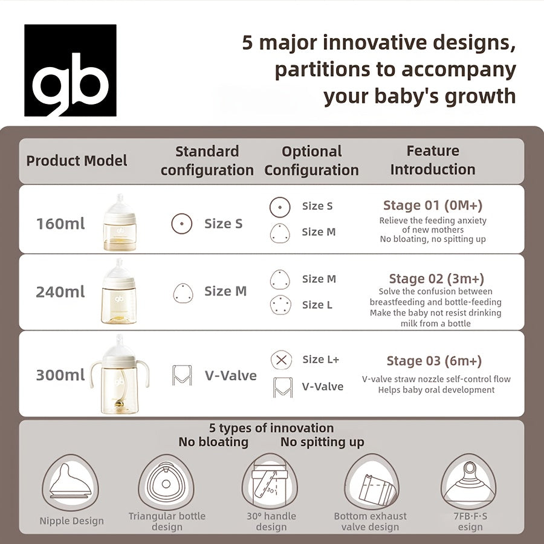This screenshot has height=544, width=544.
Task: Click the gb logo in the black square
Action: (70, 70)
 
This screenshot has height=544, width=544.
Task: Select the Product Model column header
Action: (77, 161)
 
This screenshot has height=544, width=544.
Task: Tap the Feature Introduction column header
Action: (433, 160)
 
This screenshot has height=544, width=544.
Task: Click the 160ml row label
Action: (60, 224)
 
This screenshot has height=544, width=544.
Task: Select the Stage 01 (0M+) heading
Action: (433, 205)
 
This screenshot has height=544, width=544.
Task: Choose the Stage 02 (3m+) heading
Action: (436, 279)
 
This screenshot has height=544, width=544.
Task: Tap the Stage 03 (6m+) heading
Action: (434, 361)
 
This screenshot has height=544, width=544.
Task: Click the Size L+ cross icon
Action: (280, 360)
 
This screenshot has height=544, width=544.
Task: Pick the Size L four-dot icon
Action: (280, 305)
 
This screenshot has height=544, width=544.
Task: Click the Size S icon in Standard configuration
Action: (181, 224)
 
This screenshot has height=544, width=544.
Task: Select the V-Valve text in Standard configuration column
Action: (230, 375)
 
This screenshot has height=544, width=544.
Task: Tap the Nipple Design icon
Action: (71, 483)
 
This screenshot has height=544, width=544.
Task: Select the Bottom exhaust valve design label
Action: (371, 522)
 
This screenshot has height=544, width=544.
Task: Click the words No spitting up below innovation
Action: (322, 442)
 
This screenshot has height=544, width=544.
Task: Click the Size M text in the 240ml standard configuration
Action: (225, 291)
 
